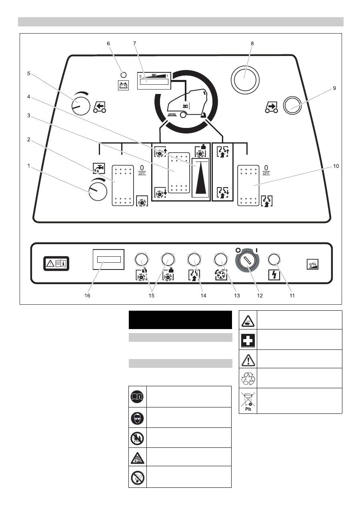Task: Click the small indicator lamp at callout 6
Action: [123, 75]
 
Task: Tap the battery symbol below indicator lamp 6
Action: [123, 85]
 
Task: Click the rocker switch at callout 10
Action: [248, 186]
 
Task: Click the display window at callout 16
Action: [108, 260]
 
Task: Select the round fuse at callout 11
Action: [274, 260]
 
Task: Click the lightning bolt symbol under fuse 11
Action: [274, 275]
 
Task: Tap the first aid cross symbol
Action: [248, 339]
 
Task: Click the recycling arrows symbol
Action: [248, 378]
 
